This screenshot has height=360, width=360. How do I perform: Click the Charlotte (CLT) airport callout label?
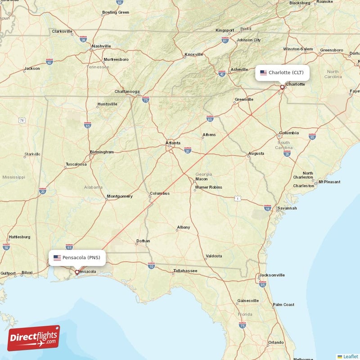point(282,72)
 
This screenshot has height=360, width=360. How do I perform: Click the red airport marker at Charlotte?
point(282,87)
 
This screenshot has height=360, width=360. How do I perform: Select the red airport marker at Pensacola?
point(77,272)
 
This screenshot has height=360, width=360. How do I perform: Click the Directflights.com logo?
point(33,338)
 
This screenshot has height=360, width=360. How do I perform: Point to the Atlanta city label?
point(173,143)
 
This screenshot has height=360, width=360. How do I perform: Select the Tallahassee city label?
point(185,271)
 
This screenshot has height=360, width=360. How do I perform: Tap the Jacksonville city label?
point(271,275)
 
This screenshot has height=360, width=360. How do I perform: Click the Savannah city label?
point(287,208)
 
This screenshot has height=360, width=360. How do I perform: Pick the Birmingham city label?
point(102,152)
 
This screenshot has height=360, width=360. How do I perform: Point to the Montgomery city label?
point(120,196)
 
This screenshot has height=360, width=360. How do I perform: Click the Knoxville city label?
point(194,54)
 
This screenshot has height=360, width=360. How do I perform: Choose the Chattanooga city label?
point(127,91)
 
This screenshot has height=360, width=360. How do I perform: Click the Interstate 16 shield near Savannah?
point(268,208)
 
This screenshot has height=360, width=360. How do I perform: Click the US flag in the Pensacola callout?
point(57,258)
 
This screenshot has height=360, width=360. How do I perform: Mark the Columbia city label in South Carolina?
point(288,133)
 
